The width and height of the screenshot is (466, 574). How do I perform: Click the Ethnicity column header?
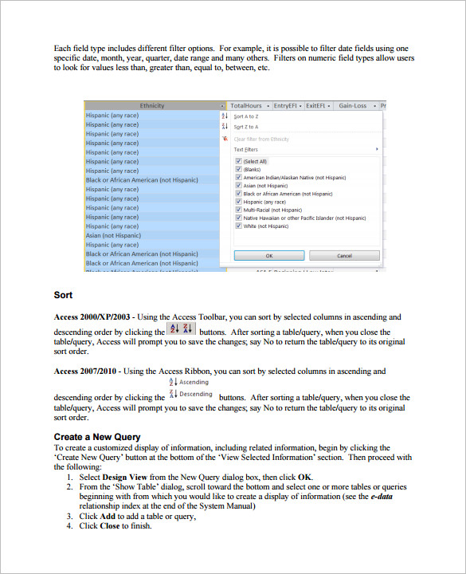click(x=151, y=105)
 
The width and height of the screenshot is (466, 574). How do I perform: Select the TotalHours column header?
click(x=246, y=105)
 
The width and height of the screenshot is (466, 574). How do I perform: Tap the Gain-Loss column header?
click(x=352, y=105)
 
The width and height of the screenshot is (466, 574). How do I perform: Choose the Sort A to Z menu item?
click(x=245, y=116)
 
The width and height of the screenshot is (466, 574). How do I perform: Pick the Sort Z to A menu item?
click(x=245, y=127)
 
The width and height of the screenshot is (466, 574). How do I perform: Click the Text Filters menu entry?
click(x=245, y=149)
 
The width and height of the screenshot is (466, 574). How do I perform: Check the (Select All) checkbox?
click(x=238, y=161)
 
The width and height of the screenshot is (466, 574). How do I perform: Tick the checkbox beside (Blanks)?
click(x=238, y=169)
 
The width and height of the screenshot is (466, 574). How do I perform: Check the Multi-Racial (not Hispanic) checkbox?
click(x=238, y=210)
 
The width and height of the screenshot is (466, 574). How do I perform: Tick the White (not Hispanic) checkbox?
click(x=238, y=226)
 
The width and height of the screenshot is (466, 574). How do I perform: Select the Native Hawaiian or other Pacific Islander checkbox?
click(x=238, y=218)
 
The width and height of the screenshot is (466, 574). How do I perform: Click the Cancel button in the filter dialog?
click(x=345, y=256)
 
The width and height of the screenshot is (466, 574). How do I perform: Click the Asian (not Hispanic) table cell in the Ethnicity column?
click(x=113, y=235)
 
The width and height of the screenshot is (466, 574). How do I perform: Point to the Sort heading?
click(x=64, y=296)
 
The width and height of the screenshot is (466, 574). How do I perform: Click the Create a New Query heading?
click(x=97, y=437)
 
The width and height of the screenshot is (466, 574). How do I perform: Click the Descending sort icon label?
click(x=195, y=394)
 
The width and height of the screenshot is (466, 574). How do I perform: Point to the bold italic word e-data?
click(x=381, y=496)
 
